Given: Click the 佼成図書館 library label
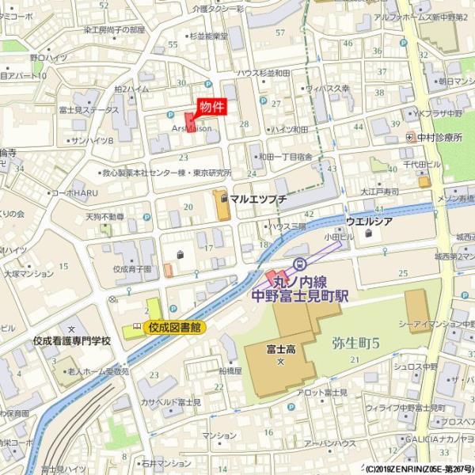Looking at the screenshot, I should [173, 326].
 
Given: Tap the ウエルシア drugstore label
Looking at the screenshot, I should [369, 221].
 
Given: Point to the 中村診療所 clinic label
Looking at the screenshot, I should [439, 136].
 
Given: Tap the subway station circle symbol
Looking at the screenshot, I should [300, 264].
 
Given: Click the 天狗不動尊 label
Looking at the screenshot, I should [105, 215].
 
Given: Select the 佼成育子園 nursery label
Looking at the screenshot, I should [132, 269].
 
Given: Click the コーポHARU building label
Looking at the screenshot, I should [74, 192].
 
